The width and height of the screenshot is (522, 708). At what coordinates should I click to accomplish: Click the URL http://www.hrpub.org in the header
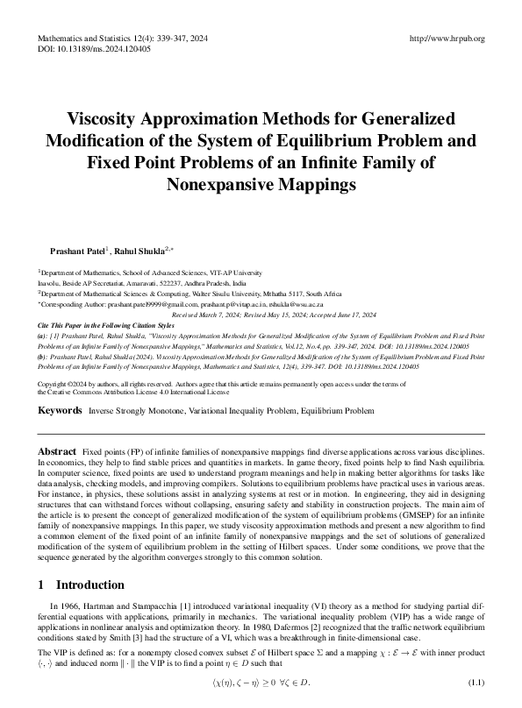447,39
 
